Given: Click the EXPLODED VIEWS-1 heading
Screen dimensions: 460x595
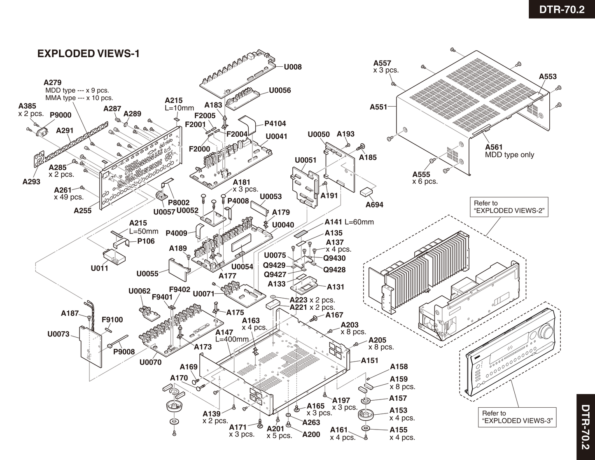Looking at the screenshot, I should tap(89, 54).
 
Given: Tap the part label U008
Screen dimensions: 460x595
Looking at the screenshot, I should tap(293, 67).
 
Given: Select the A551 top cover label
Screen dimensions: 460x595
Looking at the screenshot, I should tap(378, 107).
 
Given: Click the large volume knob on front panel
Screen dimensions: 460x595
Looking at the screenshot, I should tap(547, 331).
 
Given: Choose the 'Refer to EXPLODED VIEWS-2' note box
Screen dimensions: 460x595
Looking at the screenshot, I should tap(509, 207).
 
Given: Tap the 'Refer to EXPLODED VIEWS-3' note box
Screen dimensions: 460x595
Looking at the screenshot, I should tap(518, 417).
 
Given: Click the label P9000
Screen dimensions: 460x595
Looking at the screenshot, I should tap(61, 115).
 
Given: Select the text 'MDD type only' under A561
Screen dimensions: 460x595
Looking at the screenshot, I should tap(509, 155).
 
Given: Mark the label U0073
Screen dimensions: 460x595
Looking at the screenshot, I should tap(58, 334).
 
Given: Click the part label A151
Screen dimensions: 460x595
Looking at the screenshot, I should tap(369, 360).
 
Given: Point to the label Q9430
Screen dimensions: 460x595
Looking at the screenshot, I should tap(334, 258).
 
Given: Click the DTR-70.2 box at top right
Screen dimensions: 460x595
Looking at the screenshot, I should tap(562, 9).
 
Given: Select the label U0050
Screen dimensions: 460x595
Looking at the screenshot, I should tap(319, 134).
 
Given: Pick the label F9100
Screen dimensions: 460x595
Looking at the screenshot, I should tap(112, 320).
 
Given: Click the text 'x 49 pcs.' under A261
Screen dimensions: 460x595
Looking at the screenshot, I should tap(69, 197).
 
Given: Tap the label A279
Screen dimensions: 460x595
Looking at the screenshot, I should tap(52, 82).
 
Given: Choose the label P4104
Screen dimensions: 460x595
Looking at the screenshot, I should tap(275, 123).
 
